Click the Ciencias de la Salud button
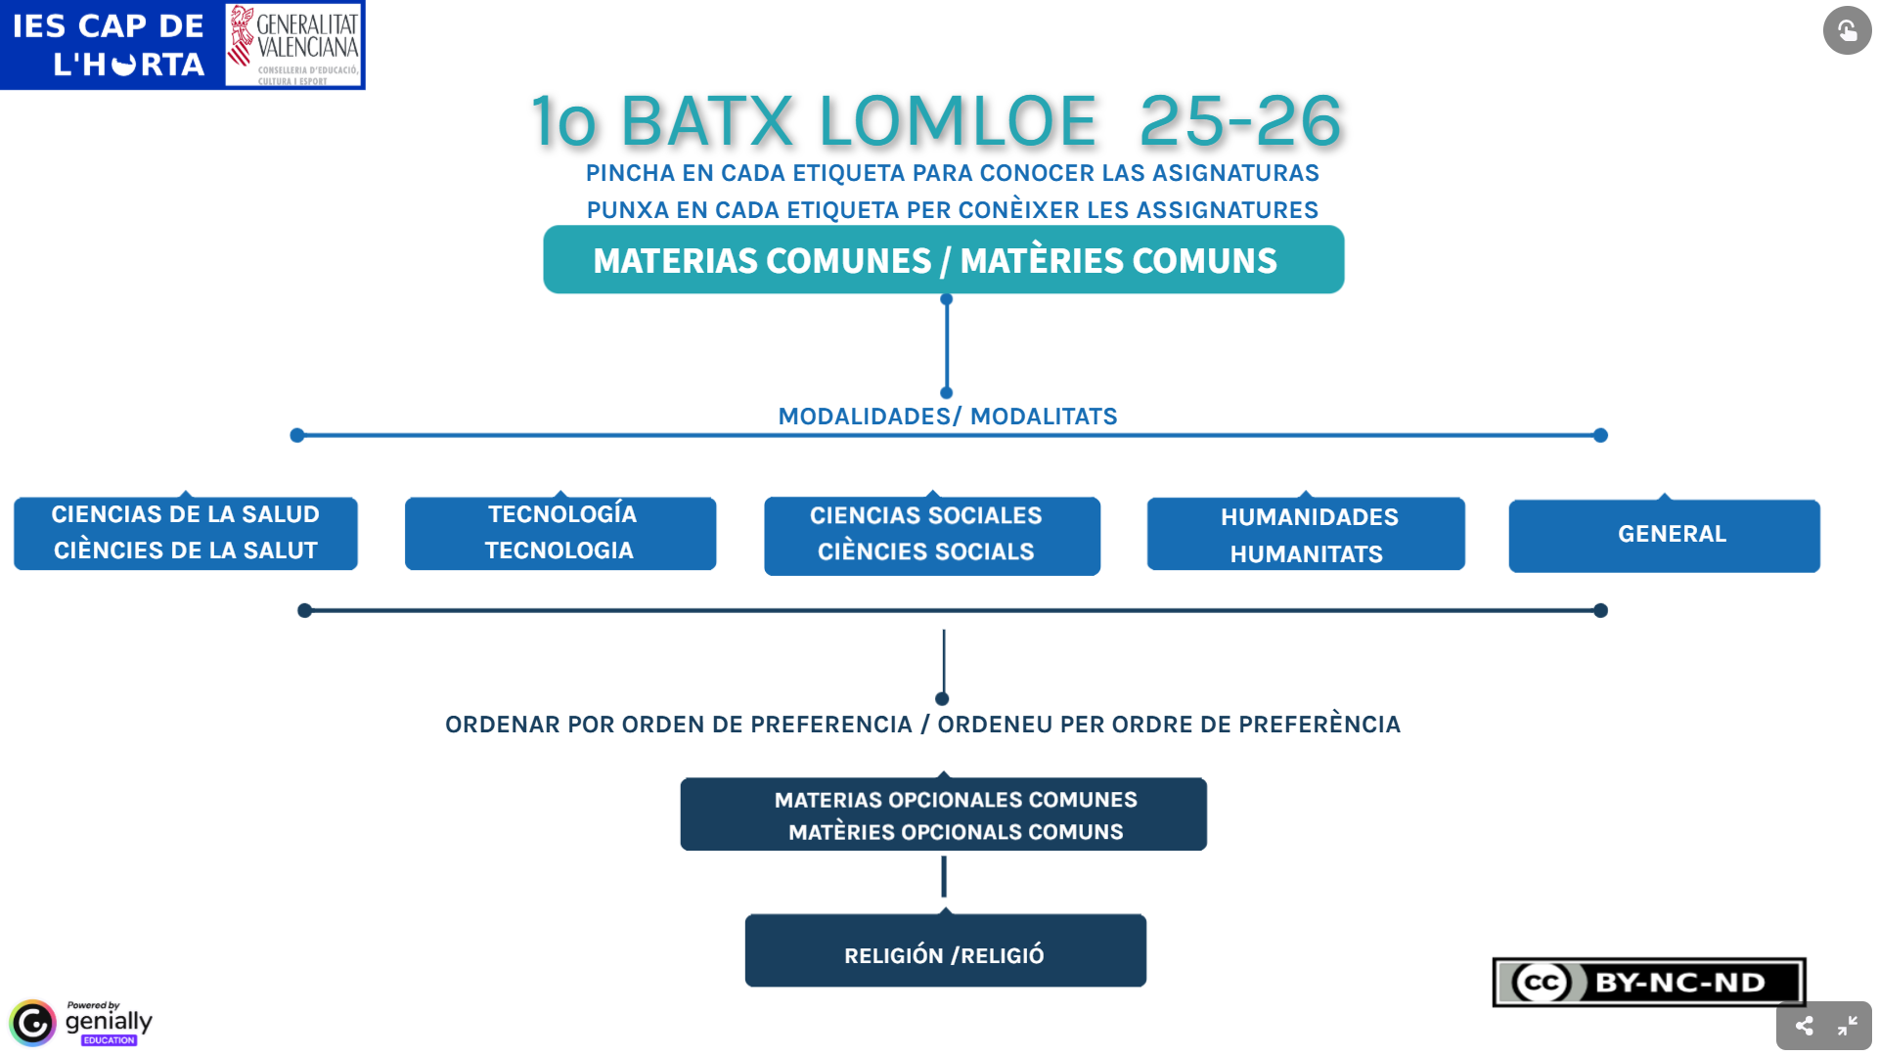pyautogui.click(x=186, y=533)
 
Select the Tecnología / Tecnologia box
pyautogui.click(x=560, y=533)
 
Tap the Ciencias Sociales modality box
pyautogui.click(x=931, y=535)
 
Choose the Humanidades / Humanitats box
pyautogui.click(x=1306, y=534)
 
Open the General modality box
pyautogui.click(x=1664, y=535)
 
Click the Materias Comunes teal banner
pyautogui.click(x=943, y=260)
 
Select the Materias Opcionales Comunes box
pyautogui.click(x=943, y=814)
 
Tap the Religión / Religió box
pyautogui.click(x=945, y=951)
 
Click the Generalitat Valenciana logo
pyautogui.click(x=293, y=45)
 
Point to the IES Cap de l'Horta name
pyautogui.click(x=110, y=45)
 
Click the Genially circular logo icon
pyautogui.click(x=33, y=1023)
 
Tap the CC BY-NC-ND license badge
pyautogui.click(x=1649, y=983)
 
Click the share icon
pyautogui.click(x=1804, y=1026)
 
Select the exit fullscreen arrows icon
pyautogui.click(x=1847, y=1026)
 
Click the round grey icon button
pyautogui.click(x=1847, y=30)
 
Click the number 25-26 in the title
pyautogui.click(x=1240, y=121)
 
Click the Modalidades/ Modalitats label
pyautogui.click(x=947, y=417)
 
